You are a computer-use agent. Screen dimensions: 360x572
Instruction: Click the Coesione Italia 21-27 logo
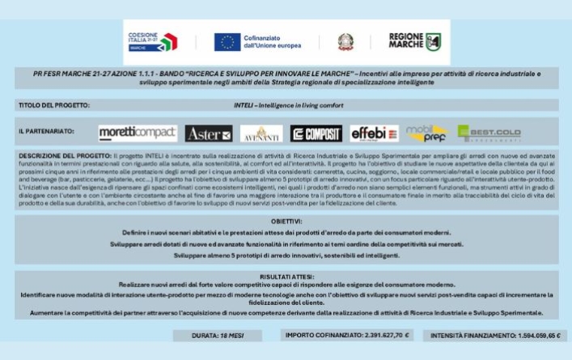[x=153, y=42]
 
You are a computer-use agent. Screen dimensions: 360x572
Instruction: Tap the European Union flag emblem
[x=227, y=42]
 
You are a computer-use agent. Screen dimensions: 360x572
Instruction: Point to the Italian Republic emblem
[x=346, y=42]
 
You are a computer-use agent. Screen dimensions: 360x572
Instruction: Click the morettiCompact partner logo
[x=136, y=133]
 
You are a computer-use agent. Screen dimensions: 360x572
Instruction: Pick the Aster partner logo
[x=208, y=133]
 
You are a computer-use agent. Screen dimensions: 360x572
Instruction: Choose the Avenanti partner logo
[x=261, y=133]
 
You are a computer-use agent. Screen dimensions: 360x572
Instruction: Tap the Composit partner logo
[x=316, y=133]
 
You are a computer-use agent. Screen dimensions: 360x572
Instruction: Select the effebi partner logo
[x=374, y=133]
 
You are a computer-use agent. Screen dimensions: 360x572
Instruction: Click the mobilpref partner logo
[x=426, y=133]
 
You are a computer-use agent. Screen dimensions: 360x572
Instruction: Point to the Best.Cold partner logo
[x=488, y=133]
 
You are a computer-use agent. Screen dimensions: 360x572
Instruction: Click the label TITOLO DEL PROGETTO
[x=53, y=105]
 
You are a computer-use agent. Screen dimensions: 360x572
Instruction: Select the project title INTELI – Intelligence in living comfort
[x=289, y=105]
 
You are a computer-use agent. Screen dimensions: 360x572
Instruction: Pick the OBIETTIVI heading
[x=286, y=220]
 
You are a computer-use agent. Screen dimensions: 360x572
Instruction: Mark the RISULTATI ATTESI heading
[x=286, y=276]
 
